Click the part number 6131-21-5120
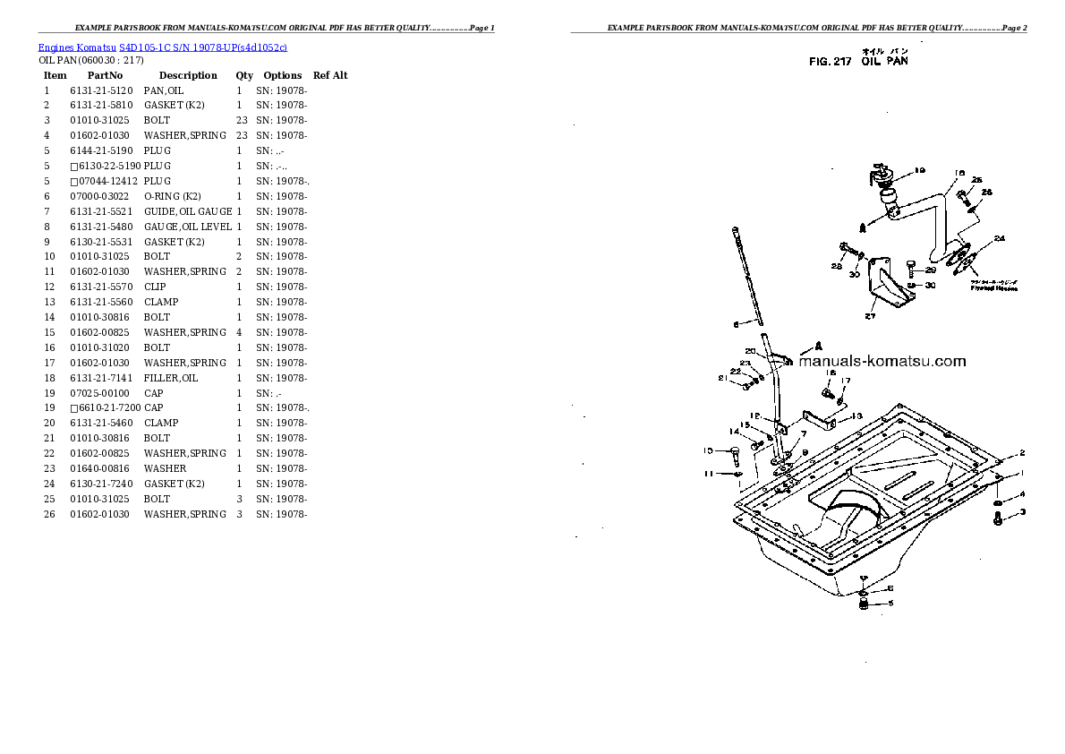click(101, 90)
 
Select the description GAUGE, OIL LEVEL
click(187, 227)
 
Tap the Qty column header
click(244, 75)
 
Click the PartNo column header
click(105, 75)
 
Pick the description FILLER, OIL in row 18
click(171, 378)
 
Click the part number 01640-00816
click(101, 468)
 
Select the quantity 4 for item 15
click(239, 332)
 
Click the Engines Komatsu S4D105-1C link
click(162, 46)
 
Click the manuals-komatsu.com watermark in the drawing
click(882, 362)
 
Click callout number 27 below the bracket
click(869, 314)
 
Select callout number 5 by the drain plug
click(890, 604)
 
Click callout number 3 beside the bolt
click(1022, 512)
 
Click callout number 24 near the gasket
click(999, 238)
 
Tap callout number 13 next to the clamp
click(856, 416)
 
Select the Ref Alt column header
click(330, 75)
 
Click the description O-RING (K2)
click(172, 196)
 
